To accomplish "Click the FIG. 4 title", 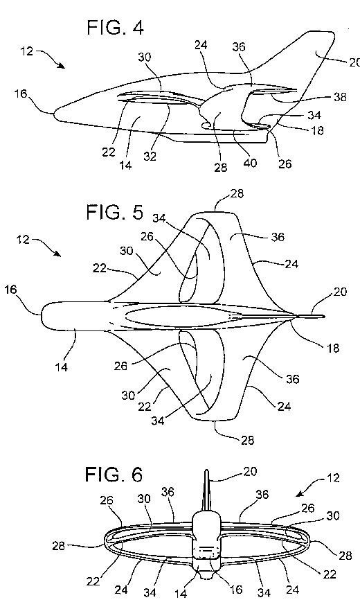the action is click(x=115, y=28).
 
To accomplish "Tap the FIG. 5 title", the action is click(x=114, y=212).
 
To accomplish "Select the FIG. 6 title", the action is click(x=114, y=474).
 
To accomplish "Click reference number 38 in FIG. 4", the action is click(x=340, y=97).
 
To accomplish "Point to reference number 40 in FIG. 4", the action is click(x=250, y=163).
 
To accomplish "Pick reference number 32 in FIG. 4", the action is click(x=150, y=156).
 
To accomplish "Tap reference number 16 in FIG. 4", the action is click(x=21, y=94).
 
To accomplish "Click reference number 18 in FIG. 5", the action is click(x=332, y=348).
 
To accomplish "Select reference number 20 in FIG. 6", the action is click(x=250, y=471).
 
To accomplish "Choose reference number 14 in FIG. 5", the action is click(x=62, y=367).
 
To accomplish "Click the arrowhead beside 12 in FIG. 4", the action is click(x=61, y=65).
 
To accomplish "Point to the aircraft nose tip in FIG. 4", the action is click(x=54, y=113).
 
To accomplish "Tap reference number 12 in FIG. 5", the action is click(x=24, y=239).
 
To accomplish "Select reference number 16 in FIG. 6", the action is click(x=235, y=590).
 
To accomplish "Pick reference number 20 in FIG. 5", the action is click(x=340, y=292).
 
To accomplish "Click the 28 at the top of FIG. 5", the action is click(x=237, y=193).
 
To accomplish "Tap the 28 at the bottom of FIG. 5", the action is click(x=247, y=440).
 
